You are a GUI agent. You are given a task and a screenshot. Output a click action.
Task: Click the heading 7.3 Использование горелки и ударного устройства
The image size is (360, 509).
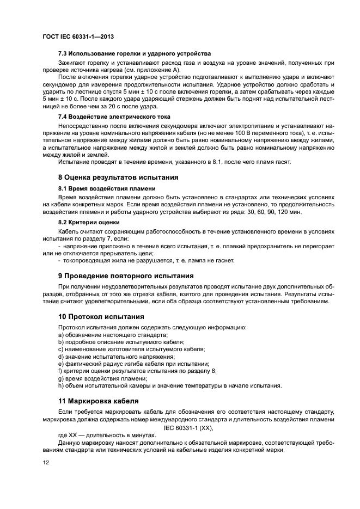click(x=134, y=53)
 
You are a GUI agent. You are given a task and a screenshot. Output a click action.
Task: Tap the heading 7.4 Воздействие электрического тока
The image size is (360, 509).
click(x=114, y=116)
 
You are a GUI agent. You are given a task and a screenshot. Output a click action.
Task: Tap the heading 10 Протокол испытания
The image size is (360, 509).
click(x=101, y=316)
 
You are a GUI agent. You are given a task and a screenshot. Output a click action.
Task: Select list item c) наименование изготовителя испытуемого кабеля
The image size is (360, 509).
click(x=131, y=349)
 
